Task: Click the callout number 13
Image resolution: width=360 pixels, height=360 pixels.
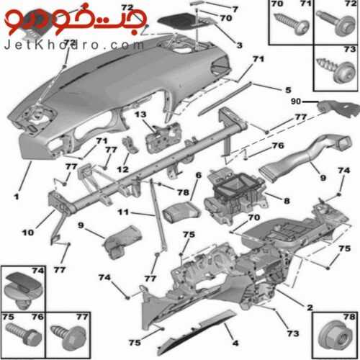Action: pyautogui.click(x=140, y=114)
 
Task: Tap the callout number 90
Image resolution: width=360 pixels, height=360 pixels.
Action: pyautogui.click(x=296, y=102)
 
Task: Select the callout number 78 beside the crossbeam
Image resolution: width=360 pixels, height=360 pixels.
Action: pyautogui.click(x=183, y=192)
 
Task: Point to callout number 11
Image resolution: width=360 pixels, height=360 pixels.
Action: pyautogui.click(x=123, y=212)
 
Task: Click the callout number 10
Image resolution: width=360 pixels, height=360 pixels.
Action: pyautogui.click(x=28, y=233)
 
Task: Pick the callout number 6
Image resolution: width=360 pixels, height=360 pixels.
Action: pyautogui.click(x=199, y=175)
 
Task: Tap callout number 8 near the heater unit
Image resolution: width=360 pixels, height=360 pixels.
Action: pyautogui.click(x=287, y=201)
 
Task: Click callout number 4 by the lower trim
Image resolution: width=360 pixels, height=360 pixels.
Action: pyautogui.click(x=235, y=343)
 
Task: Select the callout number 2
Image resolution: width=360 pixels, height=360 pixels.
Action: pyautogui.click(x=310, y=307)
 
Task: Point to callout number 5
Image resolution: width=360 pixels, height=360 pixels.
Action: pyautogui.click(x=288, y=90)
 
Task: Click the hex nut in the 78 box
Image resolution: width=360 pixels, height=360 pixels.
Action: pyautogui.click(x=336, y=336)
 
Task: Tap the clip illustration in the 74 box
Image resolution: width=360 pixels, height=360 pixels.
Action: pyautogui.click(x=22, y=289)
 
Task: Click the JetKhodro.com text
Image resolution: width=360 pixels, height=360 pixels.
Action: pyautogui.click(x=73, y=45)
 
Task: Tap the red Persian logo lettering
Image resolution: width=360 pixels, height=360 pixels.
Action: pyautogui.click(x=75, y=21)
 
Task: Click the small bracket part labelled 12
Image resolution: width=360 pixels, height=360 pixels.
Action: pyautogui.click(x=130, y=145)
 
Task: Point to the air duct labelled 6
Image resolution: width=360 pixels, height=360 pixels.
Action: pyautogui.click(x=181, y=212)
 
